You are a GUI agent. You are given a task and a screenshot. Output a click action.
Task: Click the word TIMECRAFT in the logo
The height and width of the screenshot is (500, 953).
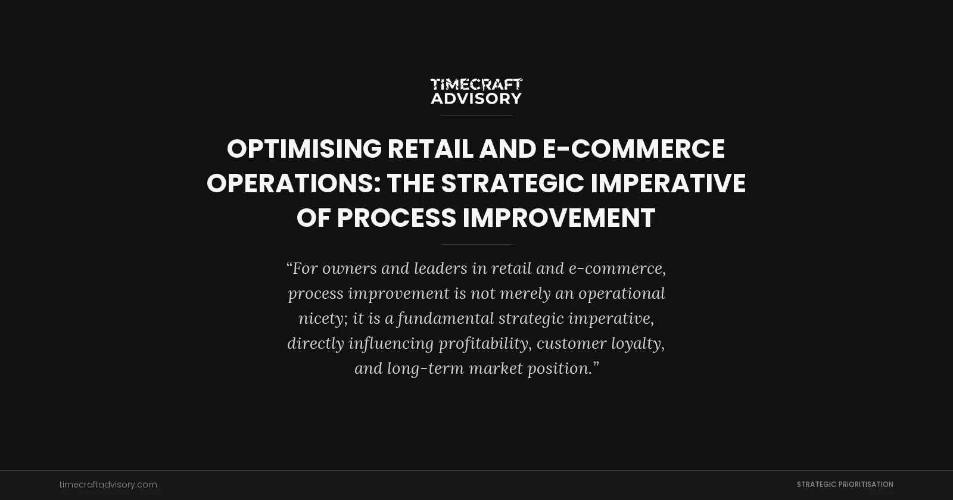click(476, 85)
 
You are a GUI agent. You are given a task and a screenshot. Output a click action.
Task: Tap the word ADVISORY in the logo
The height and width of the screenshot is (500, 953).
click(476, 98)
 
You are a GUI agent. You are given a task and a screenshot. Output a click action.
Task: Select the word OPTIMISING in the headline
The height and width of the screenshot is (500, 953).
click(304, 149)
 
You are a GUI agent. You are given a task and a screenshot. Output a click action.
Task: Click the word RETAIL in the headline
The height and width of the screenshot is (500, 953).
click(430, 149)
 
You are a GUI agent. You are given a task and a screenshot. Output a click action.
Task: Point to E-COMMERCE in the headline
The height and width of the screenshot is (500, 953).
click(633, 149)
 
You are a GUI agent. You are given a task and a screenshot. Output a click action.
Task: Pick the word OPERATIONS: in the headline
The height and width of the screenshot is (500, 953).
click(294, 183)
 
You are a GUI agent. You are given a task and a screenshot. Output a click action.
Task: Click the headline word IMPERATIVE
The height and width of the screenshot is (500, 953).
click(668, 183)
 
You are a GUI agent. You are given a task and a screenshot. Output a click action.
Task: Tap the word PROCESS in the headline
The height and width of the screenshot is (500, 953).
click(396, 218)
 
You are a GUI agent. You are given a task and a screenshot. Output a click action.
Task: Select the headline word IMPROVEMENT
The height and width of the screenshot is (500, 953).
click(559, 218)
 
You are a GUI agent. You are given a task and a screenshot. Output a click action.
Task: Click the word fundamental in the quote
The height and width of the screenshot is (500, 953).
click(445, 318)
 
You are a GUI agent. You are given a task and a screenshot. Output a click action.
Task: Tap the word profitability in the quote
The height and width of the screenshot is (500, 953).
click(483, 343)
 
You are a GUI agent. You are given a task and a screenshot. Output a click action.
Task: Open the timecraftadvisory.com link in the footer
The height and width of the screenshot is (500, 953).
click(108, 485)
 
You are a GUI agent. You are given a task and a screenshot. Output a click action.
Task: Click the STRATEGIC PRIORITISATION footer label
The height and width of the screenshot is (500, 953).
click(845, 485)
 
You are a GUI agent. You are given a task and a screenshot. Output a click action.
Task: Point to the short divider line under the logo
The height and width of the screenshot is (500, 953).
click(476, 115)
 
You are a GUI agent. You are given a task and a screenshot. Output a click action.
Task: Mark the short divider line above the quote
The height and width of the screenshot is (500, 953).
click(476, 244)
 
